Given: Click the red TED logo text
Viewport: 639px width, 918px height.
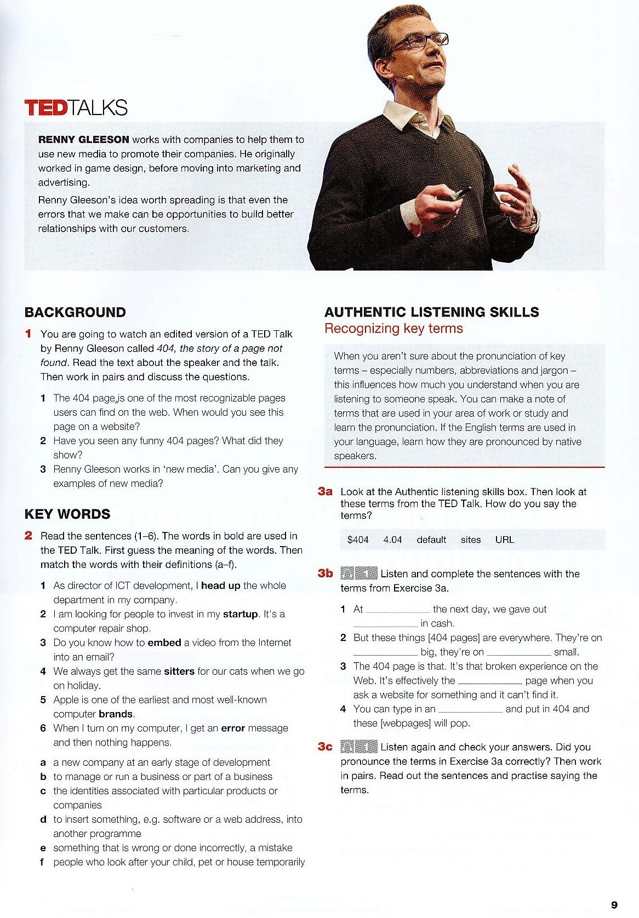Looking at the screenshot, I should pyautogui.click(x=45, y=107).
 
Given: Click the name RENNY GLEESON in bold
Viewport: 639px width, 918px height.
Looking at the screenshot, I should pyautogui.click(x=83, y=140).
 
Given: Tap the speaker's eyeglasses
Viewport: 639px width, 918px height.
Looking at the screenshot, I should pyautogui.click(x=421, y=41).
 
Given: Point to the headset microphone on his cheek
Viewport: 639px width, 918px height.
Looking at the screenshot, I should pyautogui.click(x=403, y=78).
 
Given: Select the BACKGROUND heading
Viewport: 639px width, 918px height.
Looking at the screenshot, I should pyautogui.click(x=75, y=312).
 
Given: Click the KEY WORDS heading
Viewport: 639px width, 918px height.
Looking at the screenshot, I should pyautogui.click(x=67, y=514).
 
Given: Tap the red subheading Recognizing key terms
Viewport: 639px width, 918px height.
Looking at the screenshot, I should pyautogui.click(x=393, y=329).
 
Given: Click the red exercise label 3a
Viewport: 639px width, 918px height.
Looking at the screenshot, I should pyautogui.click(x=325, y=492).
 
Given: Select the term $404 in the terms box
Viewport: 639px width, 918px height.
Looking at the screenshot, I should pyautogui.click(x=358, y=540).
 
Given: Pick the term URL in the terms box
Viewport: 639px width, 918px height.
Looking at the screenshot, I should pyautogui.click(x=504, y=540).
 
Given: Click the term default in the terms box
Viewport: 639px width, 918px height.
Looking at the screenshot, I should pyautogui.click(x=431, y=540).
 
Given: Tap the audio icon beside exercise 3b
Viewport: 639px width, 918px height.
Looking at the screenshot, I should pyautogui.click(x=359, y=573).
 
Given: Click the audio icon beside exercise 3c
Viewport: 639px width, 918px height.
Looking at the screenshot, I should pyautogui.click(x=359, y=747).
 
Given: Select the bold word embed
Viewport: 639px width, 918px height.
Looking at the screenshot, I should pyautogui.click(x=164, y=642).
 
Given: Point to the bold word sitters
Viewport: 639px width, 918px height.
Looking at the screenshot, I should pyautogui.click(x=179, y=671).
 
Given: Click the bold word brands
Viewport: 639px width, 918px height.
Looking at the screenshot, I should pyautogui.click(x=116, y=714).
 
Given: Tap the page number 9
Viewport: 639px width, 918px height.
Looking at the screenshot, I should pyautogui.click(x=614, y=904).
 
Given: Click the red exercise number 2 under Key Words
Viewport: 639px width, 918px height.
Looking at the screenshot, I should pyautogui.click(x=28, y=536).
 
